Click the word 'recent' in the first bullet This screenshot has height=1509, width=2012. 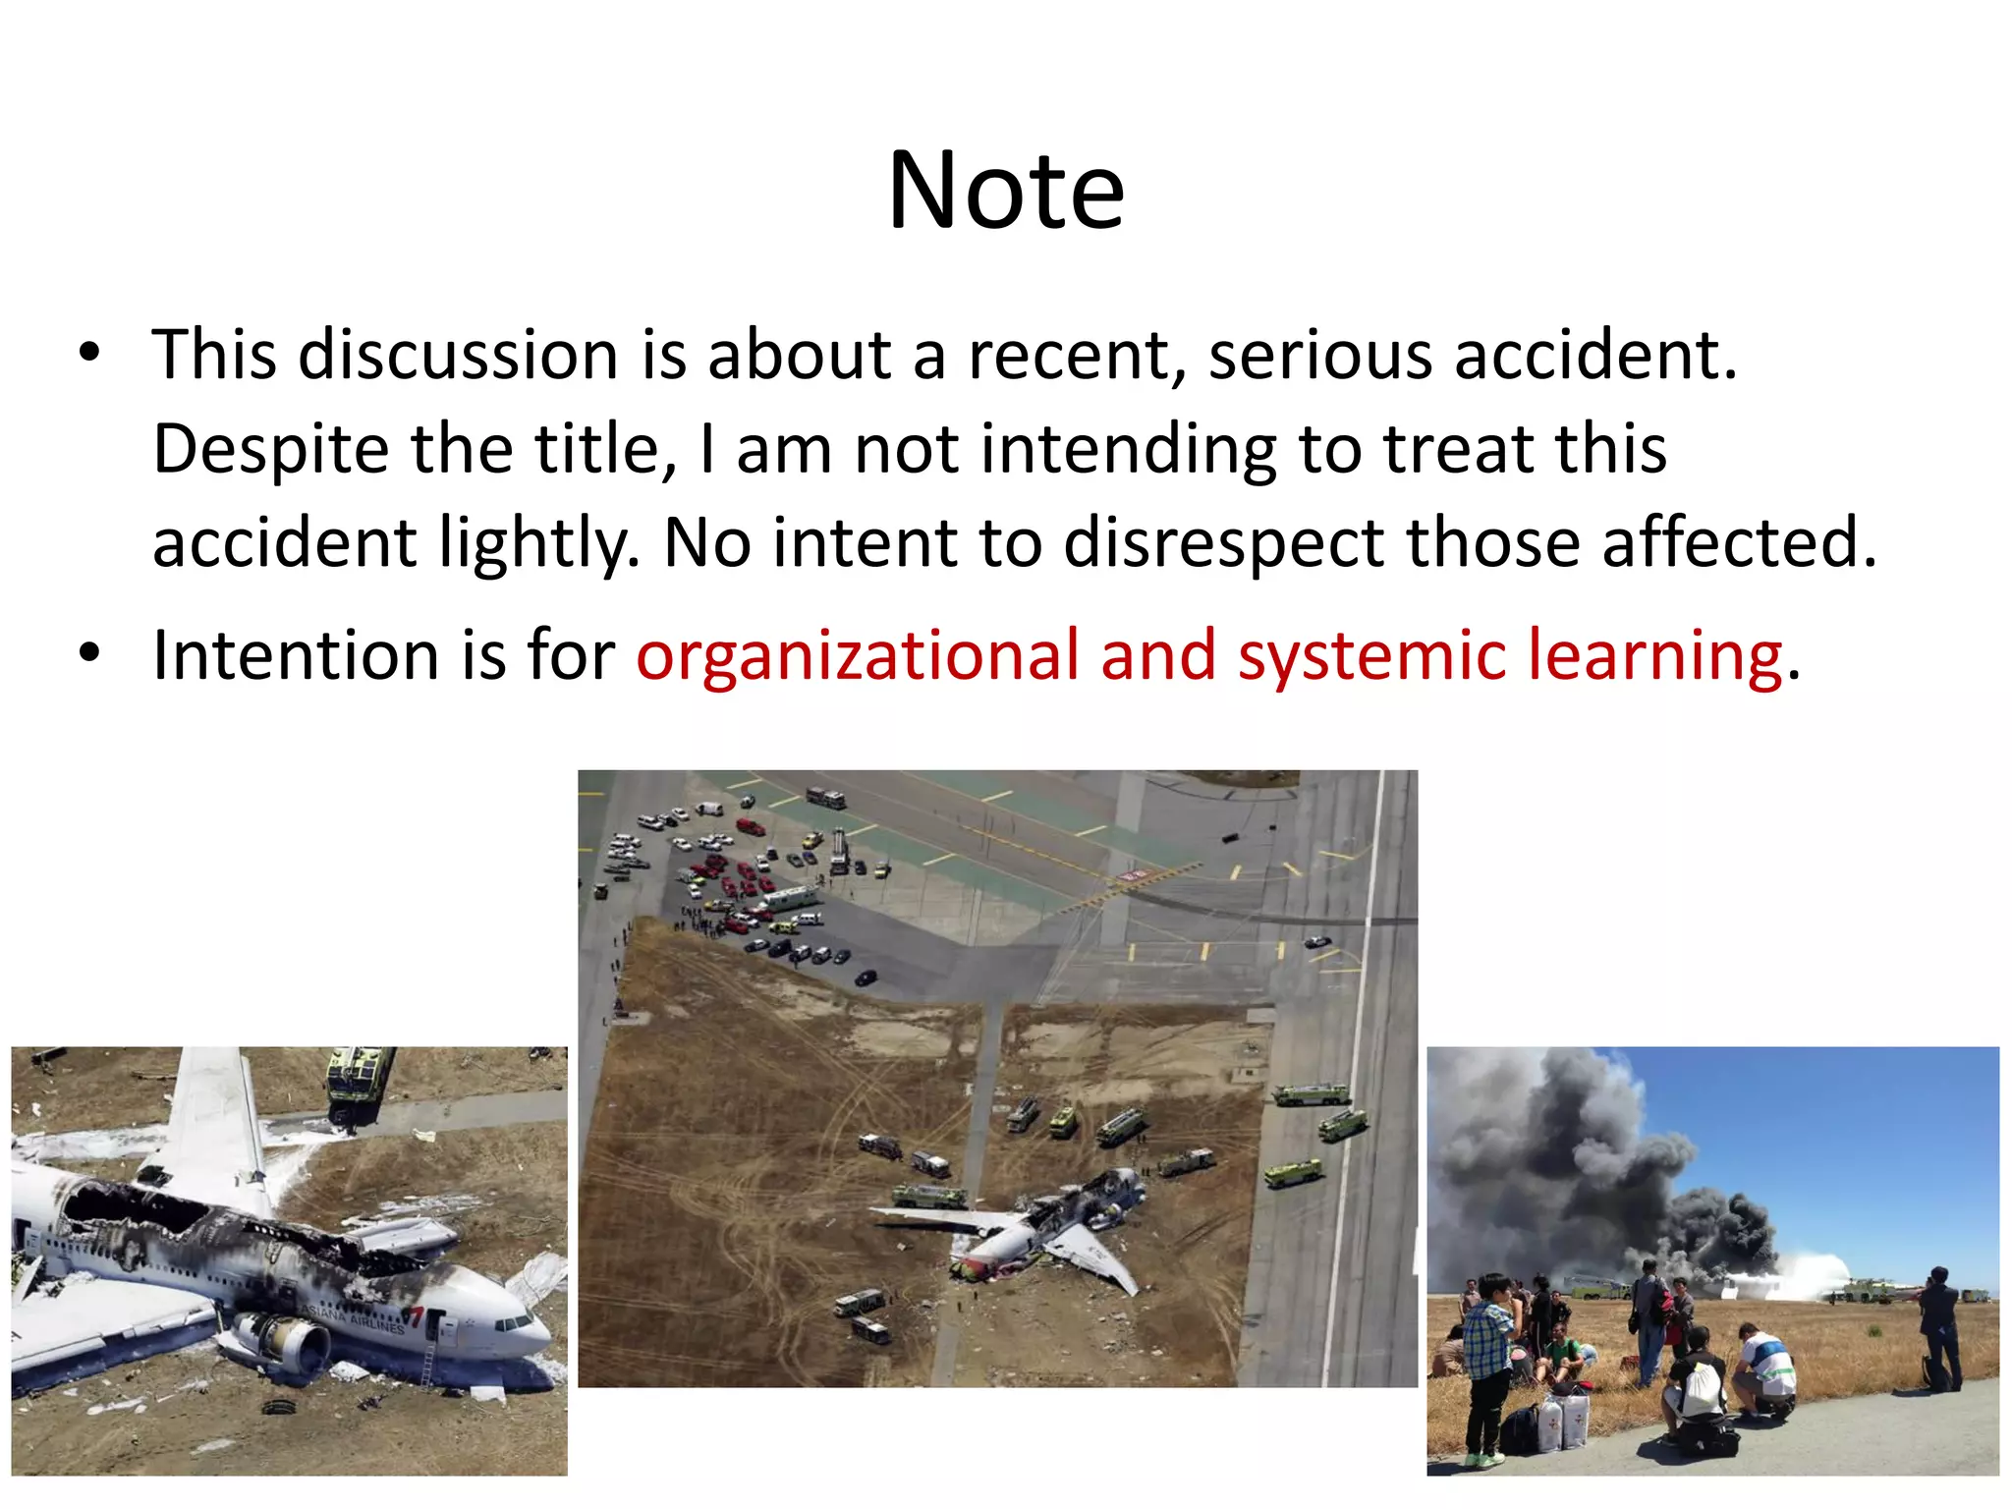tap(1077, 355)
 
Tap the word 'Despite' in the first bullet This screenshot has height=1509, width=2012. tap(270, 450)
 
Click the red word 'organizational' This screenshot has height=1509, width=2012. tap(857, 656)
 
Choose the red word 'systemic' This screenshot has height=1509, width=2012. tap(1371, 656)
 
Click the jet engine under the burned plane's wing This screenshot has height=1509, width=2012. tap(285, 1341)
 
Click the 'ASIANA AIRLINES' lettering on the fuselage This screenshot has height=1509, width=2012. tap(354, 1319)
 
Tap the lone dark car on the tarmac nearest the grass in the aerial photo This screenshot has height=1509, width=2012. tap(866, 978)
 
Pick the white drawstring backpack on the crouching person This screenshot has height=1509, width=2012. tap(1697, 1387)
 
